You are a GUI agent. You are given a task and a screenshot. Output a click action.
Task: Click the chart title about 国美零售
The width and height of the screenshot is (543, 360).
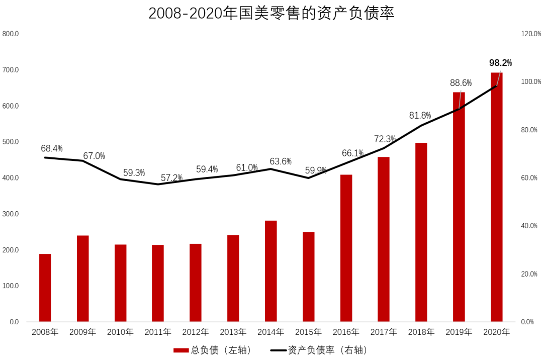click(271, 14)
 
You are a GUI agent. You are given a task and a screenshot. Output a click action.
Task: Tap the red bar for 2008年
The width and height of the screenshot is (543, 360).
click(45, 288)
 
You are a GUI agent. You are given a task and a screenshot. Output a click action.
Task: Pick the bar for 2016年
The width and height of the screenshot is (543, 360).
click(346, 248)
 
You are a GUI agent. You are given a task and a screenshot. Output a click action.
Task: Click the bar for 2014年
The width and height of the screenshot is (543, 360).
click(271, 271)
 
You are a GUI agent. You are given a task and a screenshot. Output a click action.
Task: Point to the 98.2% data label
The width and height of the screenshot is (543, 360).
click(500, 63)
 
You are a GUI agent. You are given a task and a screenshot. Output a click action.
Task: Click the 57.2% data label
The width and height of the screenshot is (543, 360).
click(172, 178)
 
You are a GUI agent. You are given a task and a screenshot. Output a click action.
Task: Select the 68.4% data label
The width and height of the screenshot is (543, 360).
click(52, 148)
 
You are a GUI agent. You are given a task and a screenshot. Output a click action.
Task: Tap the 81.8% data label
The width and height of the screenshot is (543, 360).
click(420, 115)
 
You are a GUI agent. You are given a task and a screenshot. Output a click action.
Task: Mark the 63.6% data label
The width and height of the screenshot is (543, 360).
click(281, 161)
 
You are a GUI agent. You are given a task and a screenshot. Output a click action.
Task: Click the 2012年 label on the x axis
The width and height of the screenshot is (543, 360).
click(196, 332)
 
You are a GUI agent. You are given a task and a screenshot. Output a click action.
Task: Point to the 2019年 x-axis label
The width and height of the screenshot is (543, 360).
click(459, 332)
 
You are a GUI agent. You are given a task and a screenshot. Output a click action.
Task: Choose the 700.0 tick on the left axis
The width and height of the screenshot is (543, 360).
click(11, 70)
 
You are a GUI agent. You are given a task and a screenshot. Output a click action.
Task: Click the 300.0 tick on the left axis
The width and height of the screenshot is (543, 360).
click(11, 214)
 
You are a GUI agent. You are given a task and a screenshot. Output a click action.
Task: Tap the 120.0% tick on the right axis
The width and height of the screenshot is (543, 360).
click(531, 34)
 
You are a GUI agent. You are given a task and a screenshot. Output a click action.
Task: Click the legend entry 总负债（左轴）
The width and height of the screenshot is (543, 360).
click(212, 350)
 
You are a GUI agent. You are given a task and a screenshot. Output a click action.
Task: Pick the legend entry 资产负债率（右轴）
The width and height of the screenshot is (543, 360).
click(319, 350)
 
